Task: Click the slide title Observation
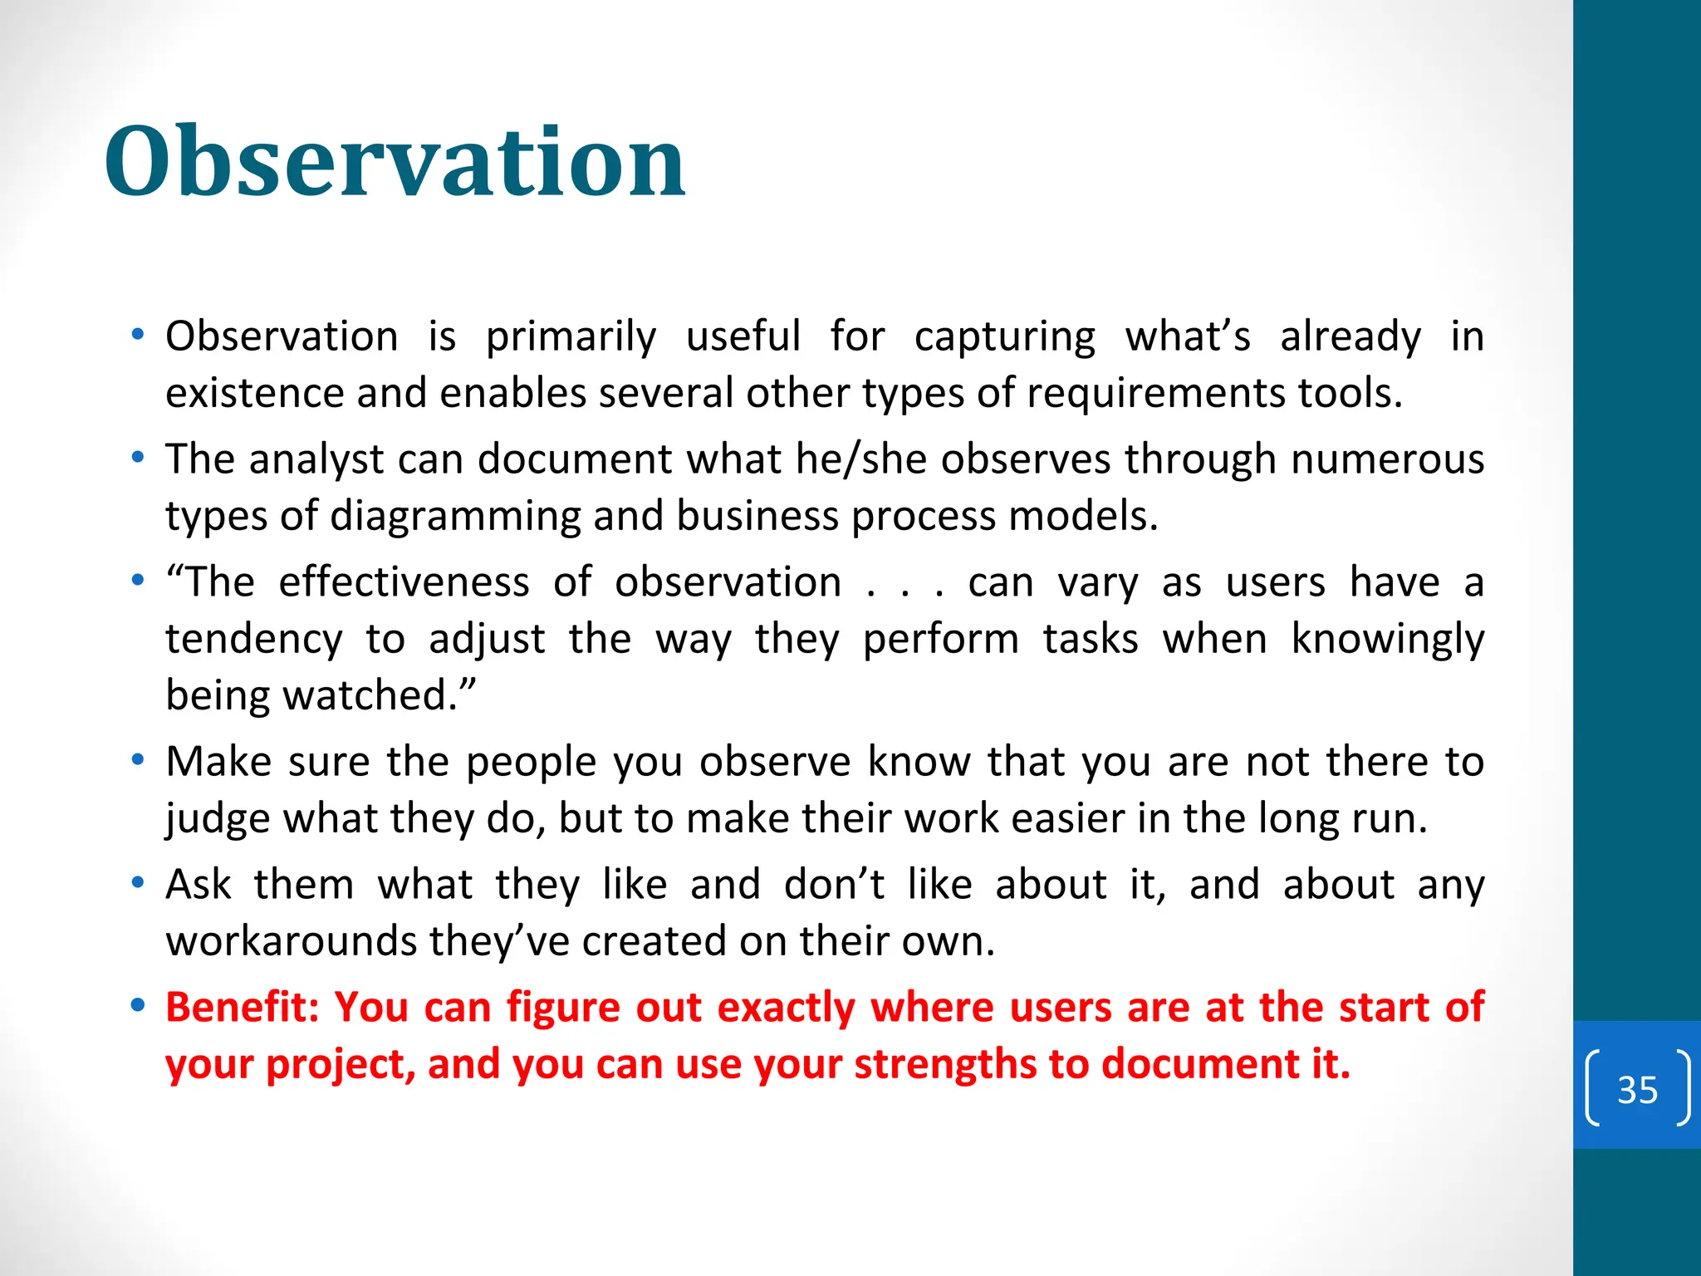point(395,161)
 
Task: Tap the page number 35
point(1637,1089)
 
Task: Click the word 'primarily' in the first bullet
point(571,337)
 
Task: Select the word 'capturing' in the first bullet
point(1005,337)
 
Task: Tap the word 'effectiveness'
point(404,582)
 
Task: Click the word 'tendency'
point(254,640)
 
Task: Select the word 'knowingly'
point(1388,640)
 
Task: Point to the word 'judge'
point(218,819)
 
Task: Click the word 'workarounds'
point(291,941)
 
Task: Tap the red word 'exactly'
point(786,1008)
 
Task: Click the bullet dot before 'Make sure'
point(138,760)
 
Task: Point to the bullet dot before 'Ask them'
point(138,883)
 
